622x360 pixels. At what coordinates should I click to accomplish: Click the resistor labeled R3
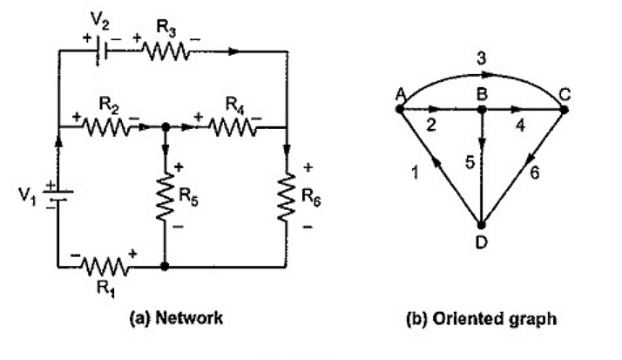click(x=165, y=51)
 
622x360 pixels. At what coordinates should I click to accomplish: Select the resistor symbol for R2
click(x=107, y=127)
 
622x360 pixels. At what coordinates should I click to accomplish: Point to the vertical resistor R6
click(x=287, y=196)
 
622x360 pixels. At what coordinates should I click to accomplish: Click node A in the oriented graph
click(x=399, y=110)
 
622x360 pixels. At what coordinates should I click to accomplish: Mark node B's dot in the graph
click(x=481, y=110)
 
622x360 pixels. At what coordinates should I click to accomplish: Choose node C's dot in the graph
click(x=563, y=110)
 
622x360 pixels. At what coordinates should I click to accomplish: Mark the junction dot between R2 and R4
click(x=166, y=127)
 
